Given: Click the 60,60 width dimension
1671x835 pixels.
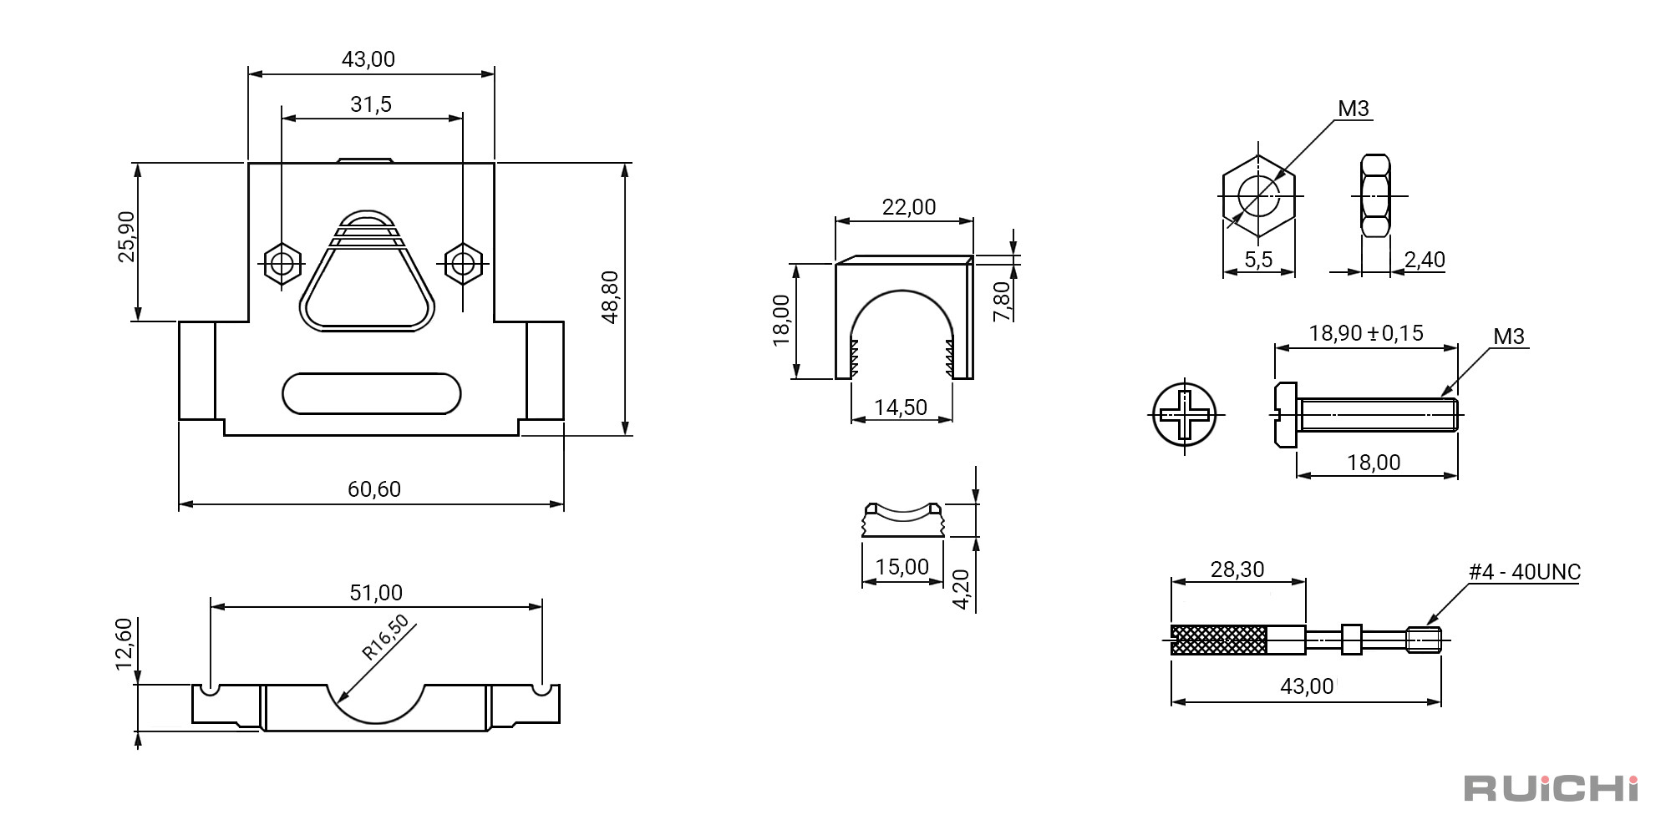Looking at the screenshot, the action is point(374,488).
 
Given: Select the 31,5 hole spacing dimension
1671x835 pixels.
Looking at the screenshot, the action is point(371,104).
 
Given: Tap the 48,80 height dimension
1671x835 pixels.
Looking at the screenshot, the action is point(610,296).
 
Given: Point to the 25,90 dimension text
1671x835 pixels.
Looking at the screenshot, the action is point(126,236).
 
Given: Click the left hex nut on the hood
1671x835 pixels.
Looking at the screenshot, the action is point(282,264).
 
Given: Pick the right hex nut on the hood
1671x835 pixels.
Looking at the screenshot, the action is point(463,264).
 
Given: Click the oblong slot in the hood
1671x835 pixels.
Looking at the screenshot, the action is point(372,393).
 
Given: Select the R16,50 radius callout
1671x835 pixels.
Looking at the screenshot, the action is point(385,637).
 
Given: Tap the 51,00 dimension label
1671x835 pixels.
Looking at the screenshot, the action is point(376,593).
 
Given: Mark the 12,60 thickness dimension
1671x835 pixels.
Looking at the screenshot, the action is point(124,644).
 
